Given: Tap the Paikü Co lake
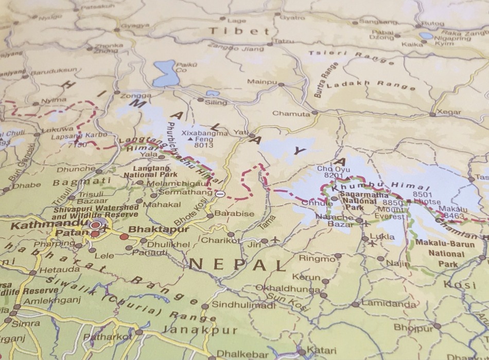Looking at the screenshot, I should coord(165,73).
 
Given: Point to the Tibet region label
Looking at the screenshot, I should coord(239,31).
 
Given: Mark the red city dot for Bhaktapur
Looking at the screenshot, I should coord(124,237).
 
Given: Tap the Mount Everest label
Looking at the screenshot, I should coord(391,213).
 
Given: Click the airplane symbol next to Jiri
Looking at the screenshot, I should coord(275,240).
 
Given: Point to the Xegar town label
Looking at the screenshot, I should coord(448,112).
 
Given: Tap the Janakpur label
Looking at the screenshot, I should coord(199,330).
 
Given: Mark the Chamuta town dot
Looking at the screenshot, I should coord(315,113).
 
